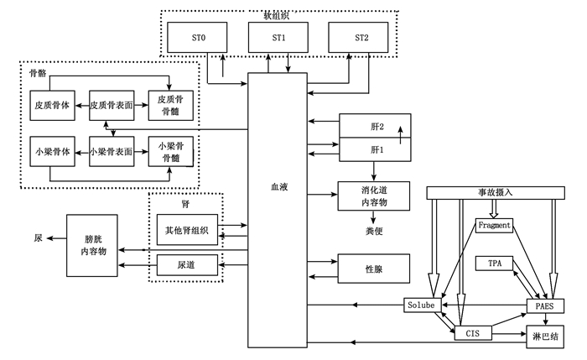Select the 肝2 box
tap(376, 128)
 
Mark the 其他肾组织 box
tap(187, 229)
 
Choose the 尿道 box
tap(187, 265)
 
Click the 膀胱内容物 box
tap(93, 244)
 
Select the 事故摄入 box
tap(493, 192)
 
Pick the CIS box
tap(473, 333)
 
